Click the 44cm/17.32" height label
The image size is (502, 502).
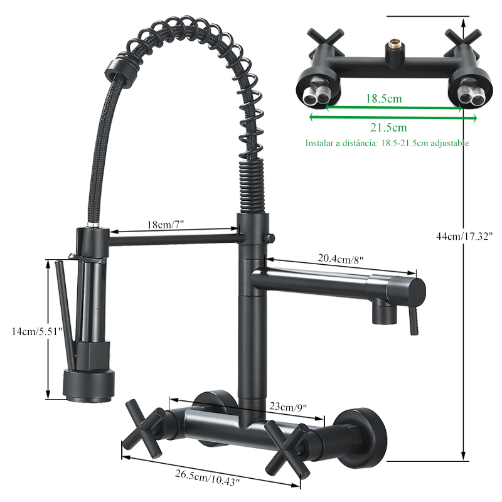pyautogui.click(x=464, y=237)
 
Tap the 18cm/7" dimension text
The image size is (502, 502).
pyautogui.click(x=166, y=225)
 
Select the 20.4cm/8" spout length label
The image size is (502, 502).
pyautogui.click(x=341, y=259)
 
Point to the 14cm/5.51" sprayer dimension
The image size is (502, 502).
pyautogui.click(x=36, y=331)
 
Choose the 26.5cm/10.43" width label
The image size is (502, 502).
pyautogui.click(x=207, y=477)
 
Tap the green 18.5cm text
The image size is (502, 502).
pyautogui.click(x=384, y=99)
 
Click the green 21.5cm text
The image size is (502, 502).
pyautogui.click(x=388, y=127)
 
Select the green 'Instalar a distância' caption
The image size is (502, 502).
pyautogui.click(x=387, y=143)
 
